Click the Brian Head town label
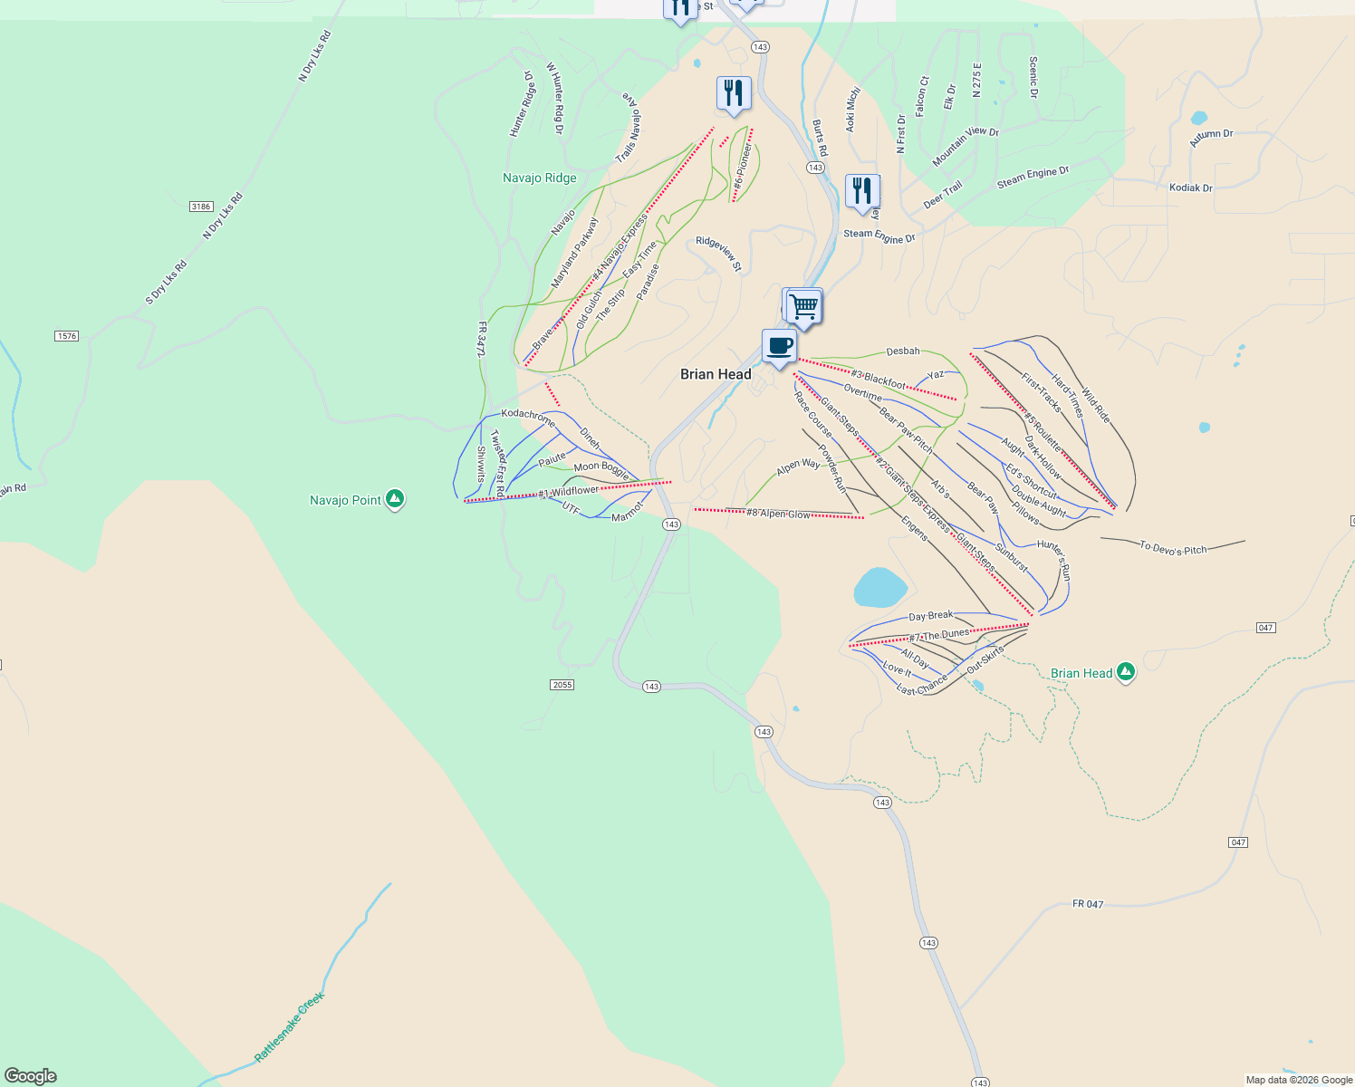[716, 374]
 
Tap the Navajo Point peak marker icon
[394, 498]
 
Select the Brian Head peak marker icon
[1126, 671]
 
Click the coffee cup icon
[779, 346]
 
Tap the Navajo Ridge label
[539, 178]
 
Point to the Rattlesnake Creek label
[289, 1027]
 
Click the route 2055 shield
[562, 685]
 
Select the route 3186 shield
[201, 207]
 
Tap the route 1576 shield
[66, 336]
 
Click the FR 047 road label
[1087, 904]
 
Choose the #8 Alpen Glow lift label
[778, 514]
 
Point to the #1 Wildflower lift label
[568, 492]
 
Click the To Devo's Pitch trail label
[1173, 548]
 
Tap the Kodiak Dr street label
[1190, 188]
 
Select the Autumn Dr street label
[1211, 138]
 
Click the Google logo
[30, 1076]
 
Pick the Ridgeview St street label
[719, 254]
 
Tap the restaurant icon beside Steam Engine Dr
[861, 191]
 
